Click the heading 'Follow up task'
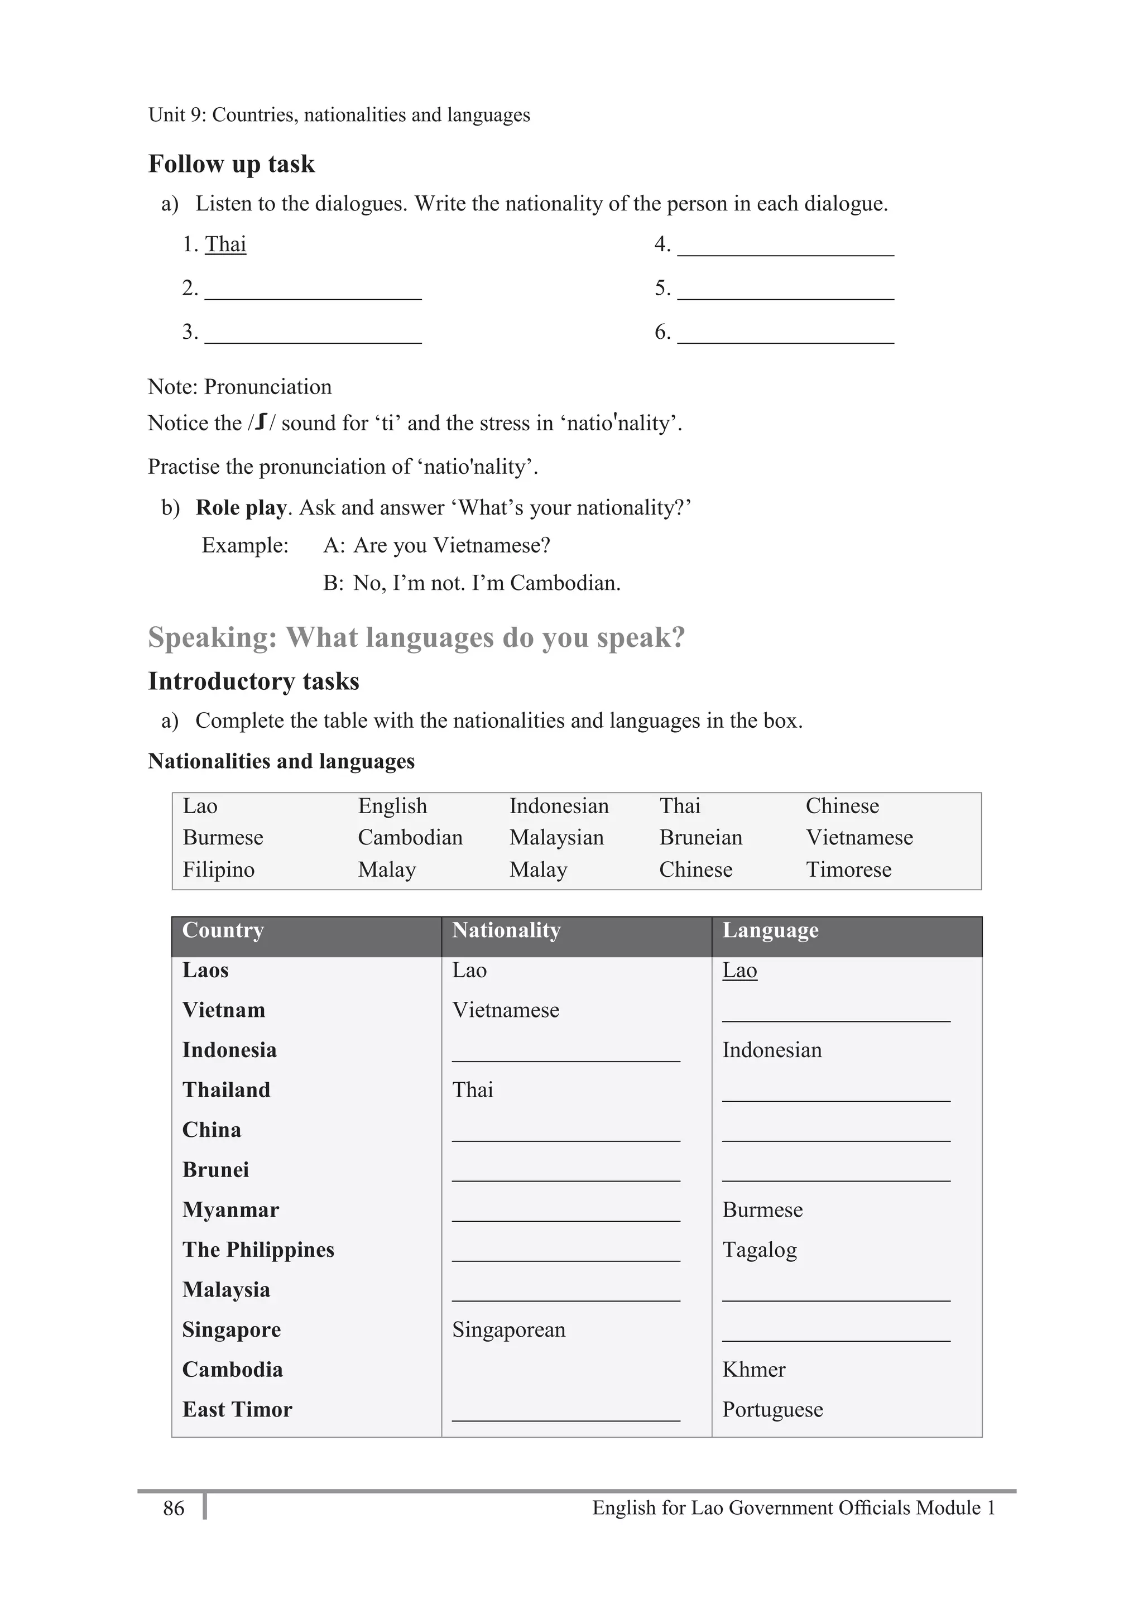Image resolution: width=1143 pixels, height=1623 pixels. click(x=231, y=164)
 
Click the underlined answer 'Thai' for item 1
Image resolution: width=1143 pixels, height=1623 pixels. click(x=225, y=244)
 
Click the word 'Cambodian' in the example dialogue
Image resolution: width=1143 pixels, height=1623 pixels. click(x=565, y=583)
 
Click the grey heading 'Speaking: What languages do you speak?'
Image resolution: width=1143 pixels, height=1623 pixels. click(x=416, y=637)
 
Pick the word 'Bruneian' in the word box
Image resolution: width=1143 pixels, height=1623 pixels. click(x=700, y=838)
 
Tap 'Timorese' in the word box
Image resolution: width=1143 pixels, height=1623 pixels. click(x=848, y=870)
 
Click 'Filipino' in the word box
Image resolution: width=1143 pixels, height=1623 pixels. click(x=218, y=870)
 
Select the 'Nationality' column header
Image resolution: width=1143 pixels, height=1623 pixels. click(x=506, y=930)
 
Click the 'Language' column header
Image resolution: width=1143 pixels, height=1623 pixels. click(x=770, y=930)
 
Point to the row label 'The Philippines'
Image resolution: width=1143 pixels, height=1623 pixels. click(x=258, y=1250)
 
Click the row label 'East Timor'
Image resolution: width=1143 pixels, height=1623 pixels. click(x=237, y=1410)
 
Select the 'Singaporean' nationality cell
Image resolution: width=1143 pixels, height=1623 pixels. click(x=508, y=1329)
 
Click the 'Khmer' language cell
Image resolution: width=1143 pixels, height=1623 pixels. click(x=753, y=1370)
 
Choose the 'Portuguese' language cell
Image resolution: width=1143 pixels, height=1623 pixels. click(x=772, y=1410)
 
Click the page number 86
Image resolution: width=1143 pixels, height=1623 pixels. click(x=173, y=1509)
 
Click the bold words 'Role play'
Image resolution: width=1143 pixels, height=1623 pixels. click(x=241, y=508)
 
